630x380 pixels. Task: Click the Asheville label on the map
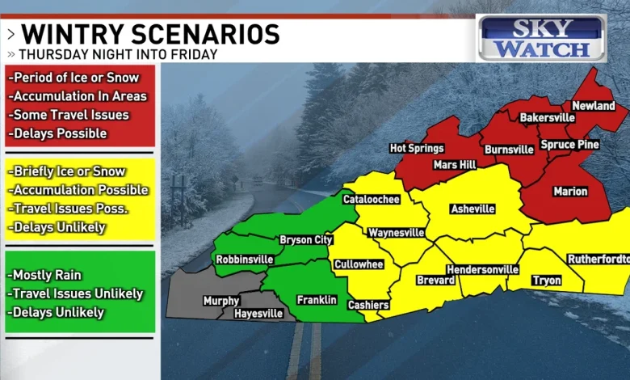[x=472, y=209]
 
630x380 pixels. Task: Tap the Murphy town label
[x=220, y=301]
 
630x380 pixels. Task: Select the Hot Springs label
[x=417, y=148]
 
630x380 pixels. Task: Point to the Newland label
[x=594, y=106]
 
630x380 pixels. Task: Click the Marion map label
[x=570, y=192]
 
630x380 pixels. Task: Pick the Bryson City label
[x=305, y=239]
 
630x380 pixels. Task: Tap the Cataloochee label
[x=371, y=198]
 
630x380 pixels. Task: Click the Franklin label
[x=317, y=299]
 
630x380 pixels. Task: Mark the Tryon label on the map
[x=547, y=281]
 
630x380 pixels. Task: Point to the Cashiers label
[x=368, y=305]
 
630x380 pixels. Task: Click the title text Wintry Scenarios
[x=150, y=34]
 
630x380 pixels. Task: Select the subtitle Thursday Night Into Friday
[x=118, y=54]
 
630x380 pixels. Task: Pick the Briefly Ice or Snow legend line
[x=68, y=171]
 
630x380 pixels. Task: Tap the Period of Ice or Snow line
[x=74, y=78]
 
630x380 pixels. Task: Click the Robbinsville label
[x=244, y=260]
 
